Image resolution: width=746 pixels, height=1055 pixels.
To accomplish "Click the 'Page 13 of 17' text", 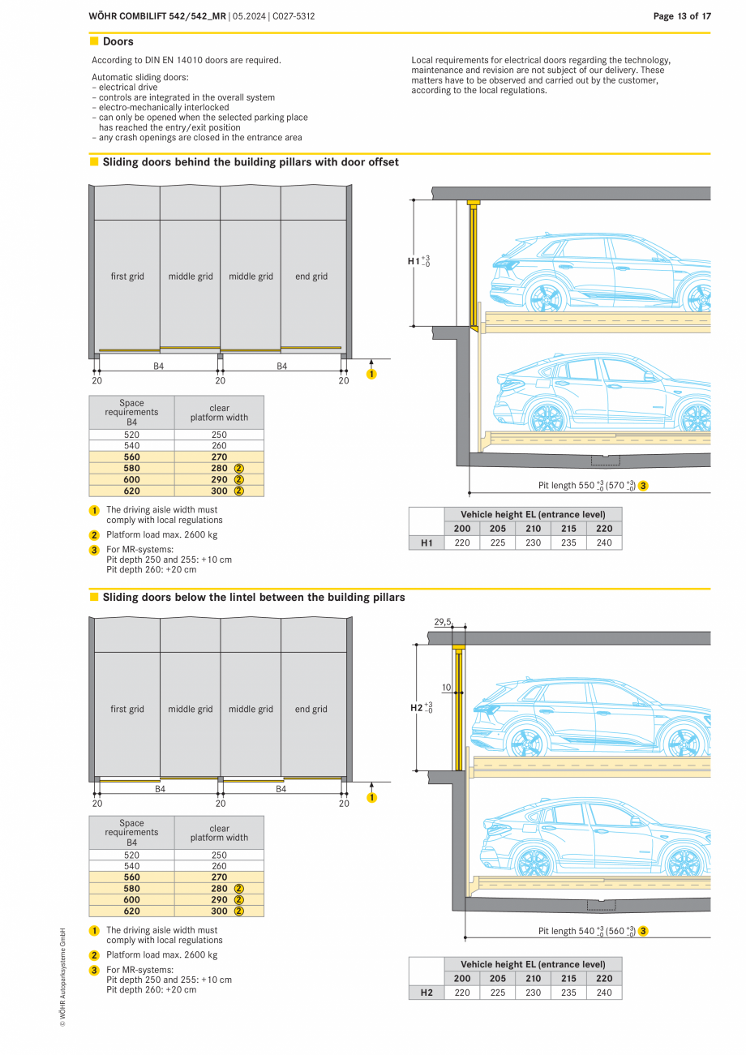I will pos(682,16).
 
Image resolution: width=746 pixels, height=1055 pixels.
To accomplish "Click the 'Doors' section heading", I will pos(118,41).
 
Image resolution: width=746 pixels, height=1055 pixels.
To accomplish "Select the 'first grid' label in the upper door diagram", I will pos(127,277).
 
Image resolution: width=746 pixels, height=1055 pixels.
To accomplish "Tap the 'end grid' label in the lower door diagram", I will pos(311,709).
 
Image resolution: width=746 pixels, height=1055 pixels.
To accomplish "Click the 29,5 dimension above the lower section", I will pos(442,622).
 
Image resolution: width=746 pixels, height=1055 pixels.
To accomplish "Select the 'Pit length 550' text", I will pos(568,486).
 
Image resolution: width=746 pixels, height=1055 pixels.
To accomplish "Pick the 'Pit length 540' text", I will pos(568,931).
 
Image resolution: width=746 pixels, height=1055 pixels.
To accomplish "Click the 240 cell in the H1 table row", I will pos(604,543).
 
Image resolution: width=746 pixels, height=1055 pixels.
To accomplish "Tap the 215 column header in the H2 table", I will pos(568,978).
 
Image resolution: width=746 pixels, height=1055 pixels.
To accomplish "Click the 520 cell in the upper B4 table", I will pos(131,435).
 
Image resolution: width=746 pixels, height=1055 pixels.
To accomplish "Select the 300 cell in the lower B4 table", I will pos(219,911).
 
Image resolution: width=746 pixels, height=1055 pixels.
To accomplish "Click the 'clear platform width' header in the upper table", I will pos(219,413).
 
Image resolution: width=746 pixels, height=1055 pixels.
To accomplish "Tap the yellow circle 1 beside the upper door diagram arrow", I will pos(371,374).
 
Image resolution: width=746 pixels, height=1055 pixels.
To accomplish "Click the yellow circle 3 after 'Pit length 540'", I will pos(643,931).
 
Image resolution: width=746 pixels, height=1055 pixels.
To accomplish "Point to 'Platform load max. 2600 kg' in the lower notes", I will pos(161,954).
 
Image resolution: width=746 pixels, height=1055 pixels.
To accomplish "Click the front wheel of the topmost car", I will pos(546,296).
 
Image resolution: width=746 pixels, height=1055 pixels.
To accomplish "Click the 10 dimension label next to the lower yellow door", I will pos(446,688).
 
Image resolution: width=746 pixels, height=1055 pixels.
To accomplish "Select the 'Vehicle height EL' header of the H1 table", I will pos(533,514).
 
